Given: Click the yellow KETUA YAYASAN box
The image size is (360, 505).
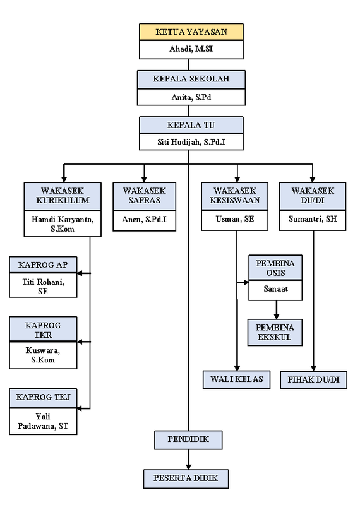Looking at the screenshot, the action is coord(191,32).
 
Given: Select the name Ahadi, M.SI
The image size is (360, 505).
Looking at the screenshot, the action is coord(191,49).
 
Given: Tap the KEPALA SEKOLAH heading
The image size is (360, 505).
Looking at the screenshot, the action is coord(191,79).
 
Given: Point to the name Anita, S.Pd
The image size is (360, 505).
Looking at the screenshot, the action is coord(191,97).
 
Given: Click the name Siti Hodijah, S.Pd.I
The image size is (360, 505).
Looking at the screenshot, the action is coord(191,142).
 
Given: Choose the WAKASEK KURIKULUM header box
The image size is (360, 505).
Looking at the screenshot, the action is coord(63,196).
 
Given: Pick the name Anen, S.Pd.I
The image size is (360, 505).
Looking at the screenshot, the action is coord(145,220).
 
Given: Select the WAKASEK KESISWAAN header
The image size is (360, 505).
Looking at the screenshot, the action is coord(234,196).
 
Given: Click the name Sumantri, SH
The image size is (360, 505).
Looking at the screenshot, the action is coord(313,219).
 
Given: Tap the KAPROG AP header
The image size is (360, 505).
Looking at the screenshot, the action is coord(43,265).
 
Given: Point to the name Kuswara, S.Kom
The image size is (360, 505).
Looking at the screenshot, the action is coord(43,355).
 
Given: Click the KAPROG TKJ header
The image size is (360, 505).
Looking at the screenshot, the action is coord(43,397).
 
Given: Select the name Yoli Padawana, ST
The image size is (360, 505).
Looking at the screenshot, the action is coord(43,421).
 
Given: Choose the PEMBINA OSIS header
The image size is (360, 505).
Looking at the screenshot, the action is coord(275,268).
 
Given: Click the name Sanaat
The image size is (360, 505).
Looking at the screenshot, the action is coord(275,289).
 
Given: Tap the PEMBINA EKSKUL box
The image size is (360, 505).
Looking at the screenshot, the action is coord(275,333).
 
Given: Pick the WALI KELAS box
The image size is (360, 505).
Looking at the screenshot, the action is coord(237,380).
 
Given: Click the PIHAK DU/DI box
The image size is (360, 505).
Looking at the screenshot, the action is coord(314,380).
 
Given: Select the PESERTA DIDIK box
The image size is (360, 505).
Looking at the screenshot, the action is coord(186,478).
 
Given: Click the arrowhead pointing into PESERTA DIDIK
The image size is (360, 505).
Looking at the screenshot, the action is coord(189,467).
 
